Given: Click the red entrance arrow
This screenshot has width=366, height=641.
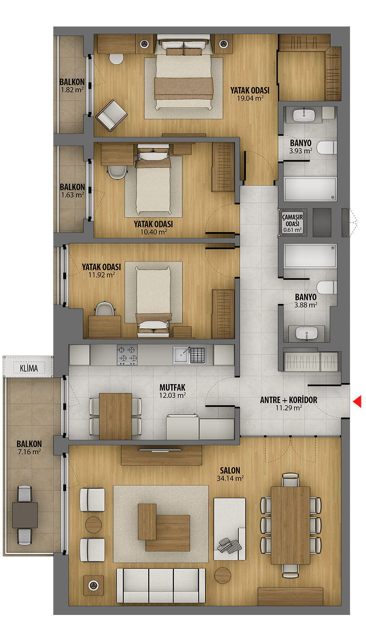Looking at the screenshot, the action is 357,401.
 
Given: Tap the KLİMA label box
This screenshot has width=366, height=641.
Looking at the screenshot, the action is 29,368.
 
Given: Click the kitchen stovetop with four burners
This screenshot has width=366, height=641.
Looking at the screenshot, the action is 127,354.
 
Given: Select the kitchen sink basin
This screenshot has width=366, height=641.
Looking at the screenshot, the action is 181,355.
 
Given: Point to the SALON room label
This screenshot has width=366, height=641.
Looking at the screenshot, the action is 230,470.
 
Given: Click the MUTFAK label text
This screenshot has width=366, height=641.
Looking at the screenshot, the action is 172,387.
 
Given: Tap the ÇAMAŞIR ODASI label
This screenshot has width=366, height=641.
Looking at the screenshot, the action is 292,220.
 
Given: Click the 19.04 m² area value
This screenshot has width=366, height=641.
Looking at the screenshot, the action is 250,98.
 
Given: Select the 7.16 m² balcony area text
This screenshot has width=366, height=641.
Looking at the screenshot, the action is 29,452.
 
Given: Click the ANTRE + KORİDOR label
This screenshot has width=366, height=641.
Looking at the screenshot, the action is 289,400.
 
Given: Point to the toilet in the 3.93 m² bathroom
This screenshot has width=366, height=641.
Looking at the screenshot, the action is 326,147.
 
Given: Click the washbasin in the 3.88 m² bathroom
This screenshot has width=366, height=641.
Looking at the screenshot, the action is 307,333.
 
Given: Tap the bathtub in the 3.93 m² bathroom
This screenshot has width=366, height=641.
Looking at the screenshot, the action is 310,189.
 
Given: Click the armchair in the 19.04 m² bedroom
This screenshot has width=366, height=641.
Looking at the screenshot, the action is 111,115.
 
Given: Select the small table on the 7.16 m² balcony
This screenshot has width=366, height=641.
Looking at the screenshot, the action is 25,515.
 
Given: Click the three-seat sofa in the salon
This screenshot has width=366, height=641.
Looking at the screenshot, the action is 161,586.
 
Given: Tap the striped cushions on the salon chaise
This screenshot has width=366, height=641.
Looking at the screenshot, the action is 229,545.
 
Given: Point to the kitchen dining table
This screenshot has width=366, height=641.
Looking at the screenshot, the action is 115,416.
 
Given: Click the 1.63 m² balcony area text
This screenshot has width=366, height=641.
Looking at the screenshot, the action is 73,195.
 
